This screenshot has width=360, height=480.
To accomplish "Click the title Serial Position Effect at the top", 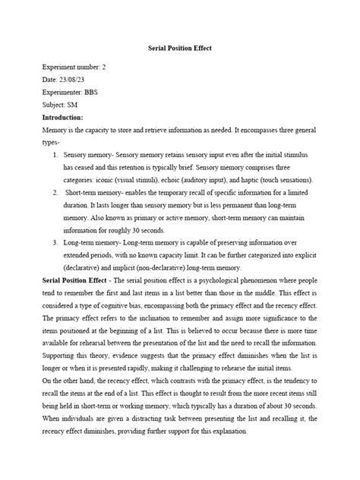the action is [179, 48].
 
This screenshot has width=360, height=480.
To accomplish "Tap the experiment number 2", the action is [104, 67].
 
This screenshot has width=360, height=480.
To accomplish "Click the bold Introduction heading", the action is [68, 118].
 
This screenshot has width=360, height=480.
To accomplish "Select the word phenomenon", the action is [269, 281].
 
